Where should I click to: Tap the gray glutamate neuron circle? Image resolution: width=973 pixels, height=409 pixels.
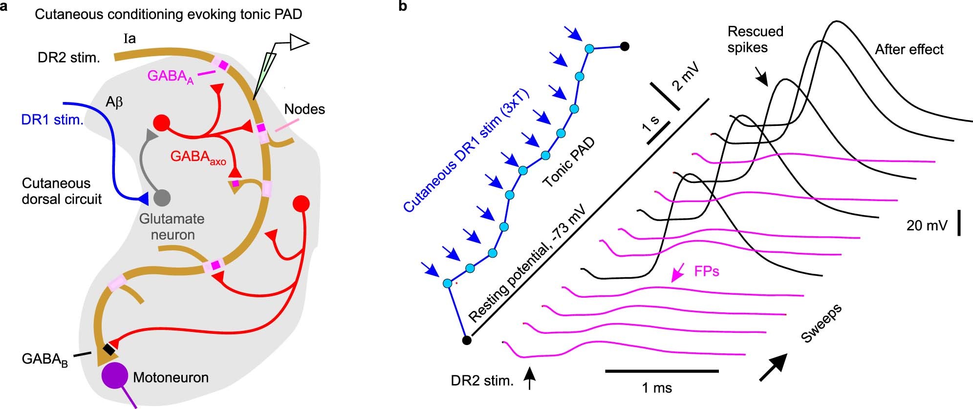[x=162, y=198]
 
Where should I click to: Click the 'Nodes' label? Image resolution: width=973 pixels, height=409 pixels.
[x=304, y=109]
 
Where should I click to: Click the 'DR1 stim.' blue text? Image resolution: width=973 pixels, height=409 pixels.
[x=52, y=120]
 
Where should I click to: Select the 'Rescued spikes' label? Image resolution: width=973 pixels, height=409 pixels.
[x=755, y=39]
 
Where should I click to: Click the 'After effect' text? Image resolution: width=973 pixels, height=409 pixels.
[x=909, y=49]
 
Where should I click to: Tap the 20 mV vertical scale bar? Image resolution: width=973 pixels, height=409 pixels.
[x=959, y=223]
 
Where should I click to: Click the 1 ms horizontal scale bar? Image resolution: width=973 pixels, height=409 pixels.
[x=662, y=371]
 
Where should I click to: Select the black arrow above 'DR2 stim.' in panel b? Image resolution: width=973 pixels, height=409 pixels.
[x=529, y=379]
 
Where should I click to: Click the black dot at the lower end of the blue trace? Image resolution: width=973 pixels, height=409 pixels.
[x=466, y=340]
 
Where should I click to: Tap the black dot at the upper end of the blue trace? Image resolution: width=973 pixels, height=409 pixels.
[x=624, y=47]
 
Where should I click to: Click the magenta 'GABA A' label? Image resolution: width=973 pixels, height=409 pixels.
[x=171, y=77]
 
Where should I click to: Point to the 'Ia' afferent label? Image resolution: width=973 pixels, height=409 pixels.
[x=130, y=38]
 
